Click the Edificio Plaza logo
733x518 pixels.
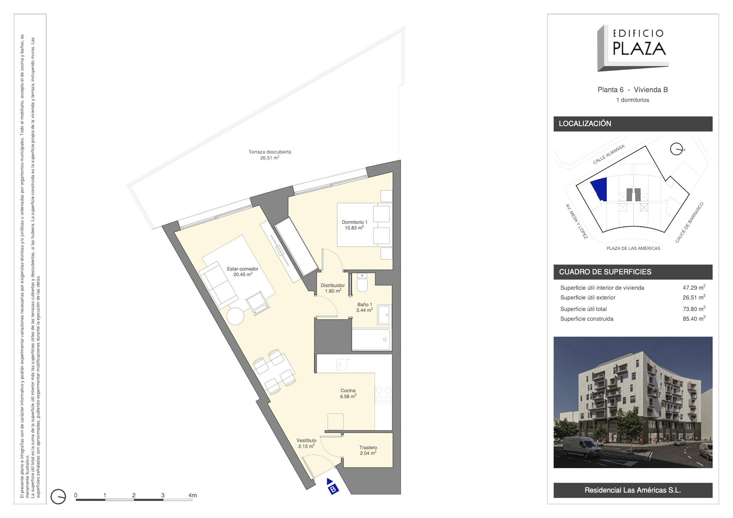633,48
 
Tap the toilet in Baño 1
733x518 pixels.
362,282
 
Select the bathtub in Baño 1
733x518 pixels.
371,339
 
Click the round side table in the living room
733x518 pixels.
235,316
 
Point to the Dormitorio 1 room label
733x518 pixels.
354,225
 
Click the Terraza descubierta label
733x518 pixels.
270,155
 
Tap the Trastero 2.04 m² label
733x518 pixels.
368,450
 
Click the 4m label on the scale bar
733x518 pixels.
193,495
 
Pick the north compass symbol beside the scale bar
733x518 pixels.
58,497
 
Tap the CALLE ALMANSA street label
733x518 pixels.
609,154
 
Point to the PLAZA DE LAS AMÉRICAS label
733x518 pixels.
633,249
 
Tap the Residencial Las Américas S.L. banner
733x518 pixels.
633,490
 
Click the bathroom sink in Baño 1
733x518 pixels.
384,315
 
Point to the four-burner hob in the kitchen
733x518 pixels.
384,395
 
